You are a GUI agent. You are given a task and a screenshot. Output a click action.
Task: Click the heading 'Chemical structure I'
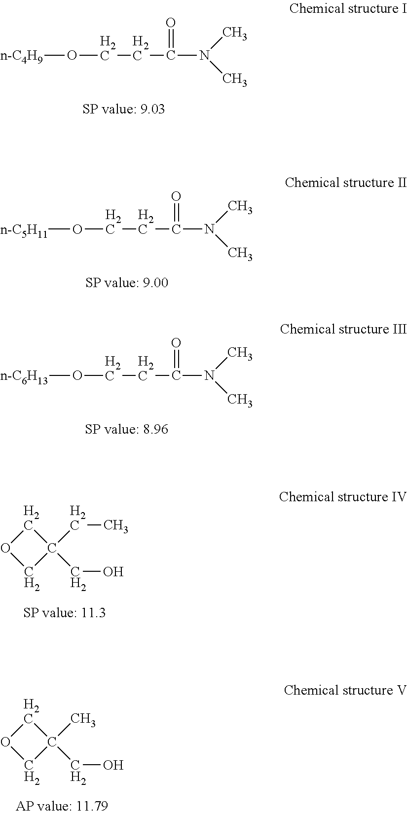tap(348, 8)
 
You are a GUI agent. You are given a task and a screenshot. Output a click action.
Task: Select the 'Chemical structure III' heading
tap(343, 329)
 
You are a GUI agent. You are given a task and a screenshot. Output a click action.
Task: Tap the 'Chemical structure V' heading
tap(345, 690)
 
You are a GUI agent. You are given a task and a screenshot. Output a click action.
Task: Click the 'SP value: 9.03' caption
tap(123, 109)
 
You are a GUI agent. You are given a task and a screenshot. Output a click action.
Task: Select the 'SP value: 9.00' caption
tap(126, 283)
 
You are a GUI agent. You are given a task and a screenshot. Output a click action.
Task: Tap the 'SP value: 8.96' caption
tap(126, 429)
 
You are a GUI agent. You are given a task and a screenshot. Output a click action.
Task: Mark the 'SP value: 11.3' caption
tap(65, 613)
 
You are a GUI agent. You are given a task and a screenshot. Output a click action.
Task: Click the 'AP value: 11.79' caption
tap(62, 806)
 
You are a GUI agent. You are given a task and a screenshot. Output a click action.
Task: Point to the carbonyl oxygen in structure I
tap(171, 23)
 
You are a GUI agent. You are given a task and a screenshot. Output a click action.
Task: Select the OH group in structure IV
tap(113, 572)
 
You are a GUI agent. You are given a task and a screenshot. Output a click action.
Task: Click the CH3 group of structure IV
tap(115, 526)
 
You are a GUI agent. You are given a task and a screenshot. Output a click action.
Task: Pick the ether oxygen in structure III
tap(77, 376)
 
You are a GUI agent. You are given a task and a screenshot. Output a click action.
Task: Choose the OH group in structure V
tap(113, 765)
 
